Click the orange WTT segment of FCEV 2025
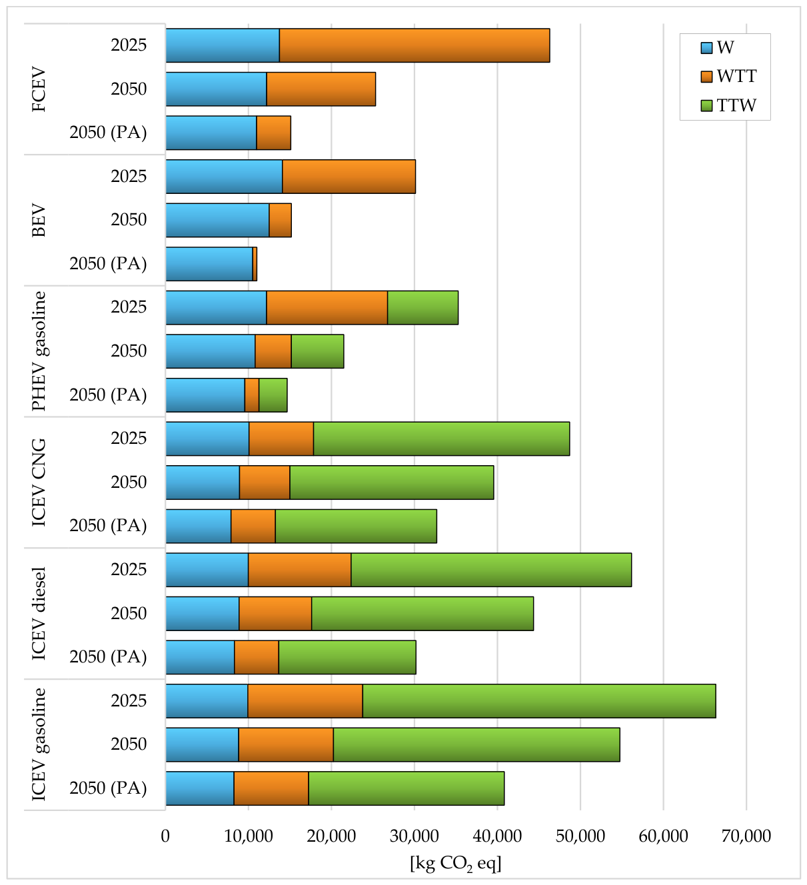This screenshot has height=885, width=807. (x=414, y=45)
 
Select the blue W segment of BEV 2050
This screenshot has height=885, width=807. (x=217, y=220)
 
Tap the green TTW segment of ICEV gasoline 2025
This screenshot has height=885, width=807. (x=539, y=701)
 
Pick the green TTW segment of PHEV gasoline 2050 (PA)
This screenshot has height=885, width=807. (x=273, y=395)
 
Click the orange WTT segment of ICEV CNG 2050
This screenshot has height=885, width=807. (x=265, y=482)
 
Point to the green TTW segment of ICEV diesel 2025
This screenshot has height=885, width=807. (x=491, y=570)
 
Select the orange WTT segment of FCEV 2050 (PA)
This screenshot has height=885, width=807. (x=274, y=133)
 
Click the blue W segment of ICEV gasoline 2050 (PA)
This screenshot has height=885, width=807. (x=200, y=788)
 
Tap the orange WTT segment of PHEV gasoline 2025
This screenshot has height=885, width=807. (x=327, y=307)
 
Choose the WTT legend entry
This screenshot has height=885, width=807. (x=728, y=77)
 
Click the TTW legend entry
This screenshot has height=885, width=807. (x=728, y=105)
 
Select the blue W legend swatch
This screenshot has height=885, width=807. (x=706, y=47)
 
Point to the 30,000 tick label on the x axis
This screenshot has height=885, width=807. (x=414, y=836)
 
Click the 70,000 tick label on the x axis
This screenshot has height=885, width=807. (x=746, y=836)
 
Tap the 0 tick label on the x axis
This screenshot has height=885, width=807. (x=165, y=836)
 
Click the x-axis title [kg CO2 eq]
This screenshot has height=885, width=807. (x=456, y=863)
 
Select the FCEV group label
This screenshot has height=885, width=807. (x=39, y=89)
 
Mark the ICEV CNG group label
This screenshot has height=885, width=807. (x=39, y=482)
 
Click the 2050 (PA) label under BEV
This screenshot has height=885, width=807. (x=108, y=263)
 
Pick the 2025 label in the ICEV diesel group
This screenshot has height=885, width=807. (x=129, y=569)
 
